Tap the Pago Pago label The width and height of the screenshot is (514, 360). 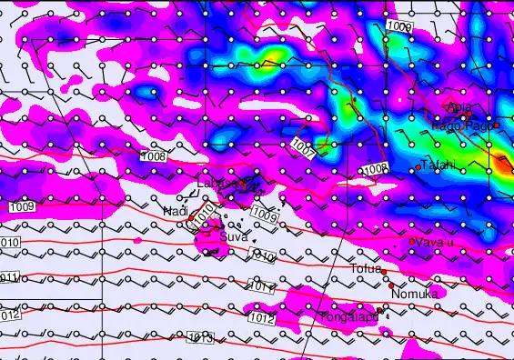(464, 126)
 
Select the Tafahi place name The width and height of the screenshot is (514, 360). (439, 165)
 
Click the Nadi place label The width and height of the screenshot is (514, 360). (175, 211)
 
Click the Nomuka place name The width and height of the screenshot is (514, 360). (414, 294)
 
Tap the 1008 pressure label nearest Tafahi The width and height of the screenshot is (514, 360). (375, 169)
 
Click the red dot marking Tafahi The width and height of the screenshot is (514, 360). (418, 167)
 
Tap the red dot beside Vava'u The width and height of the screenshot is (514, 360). (411, 241)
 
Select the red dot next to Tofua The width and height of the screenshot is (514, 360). (384, 272)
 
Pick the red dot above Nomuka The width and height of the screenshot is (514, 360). (392, 285)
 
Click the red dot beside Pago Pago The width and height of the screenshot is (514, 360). (497, 126)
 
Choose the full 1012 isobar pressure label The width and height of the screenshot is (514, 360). (261, 319)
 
